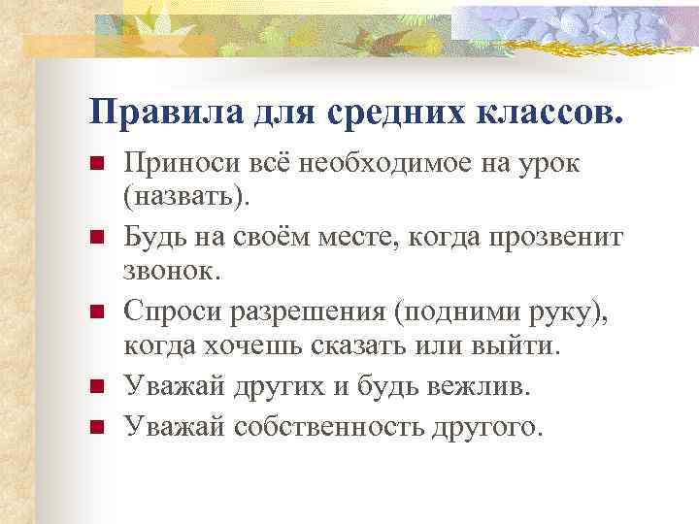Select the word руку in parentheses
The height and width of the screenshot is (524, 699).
point(549,312)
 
